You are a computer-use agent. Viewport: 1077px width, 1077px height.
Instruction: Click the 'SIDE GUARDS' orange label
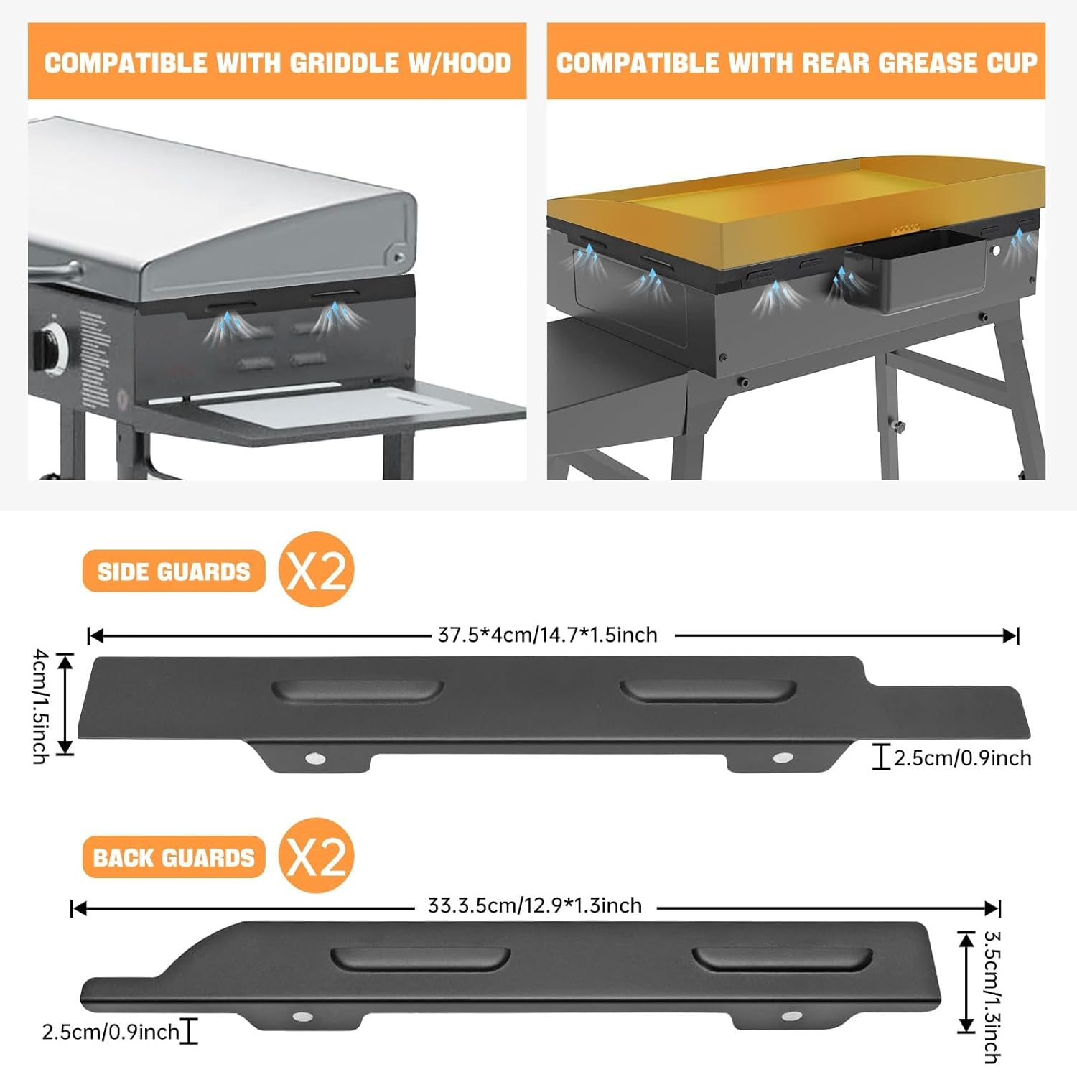[x=174, y=572]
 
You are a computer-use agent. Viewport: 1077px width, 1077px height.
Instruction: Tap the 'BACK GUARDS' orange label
[x=174, y=857]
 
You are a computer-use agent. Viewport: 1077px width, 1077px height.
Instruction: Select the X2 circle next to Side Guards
[x=316, y=570]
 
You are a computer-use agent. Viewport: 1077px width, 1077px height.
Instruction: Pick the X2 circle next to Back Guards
[x=316, y=855]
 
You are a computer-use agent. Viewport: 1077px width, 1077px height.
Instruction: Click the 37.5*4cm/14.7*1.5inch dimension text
[x=548, y=635]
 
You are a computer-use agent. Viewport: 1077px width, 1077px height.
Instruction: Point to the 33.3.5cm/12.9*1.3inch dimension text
[x=535, y=906]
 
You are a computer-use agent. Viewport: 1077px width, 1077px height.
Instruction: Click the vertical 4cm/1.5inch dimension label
[x=41, y=706]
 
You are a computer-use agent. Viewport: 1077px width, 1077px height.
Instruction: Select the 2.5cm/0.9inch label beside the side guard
[x=962, y=758]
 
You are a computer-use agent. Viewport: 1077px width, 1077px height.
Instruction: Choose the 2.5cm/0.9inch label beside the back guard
[x=111, y=1032]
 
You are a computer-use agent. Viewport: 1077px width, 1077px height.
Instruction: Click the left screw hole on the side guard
[x=314, y=758]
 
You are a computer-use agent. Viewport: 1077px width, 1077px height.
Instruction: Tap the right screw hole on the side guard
[x=782, y=758]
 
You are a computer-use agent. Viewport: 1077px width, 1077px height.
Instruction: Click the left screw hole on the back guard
[x=302, y=1017]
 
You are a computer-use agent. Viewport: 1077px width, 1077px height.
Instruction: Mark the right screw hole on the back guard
[x=791, y=1017]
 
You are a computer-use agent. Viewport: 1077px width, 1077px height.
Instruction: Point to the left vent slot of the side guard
[x=357, y=690]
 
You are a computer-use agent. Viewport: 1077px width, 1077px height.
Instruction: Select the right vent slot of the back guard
[x=782, y=959]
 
